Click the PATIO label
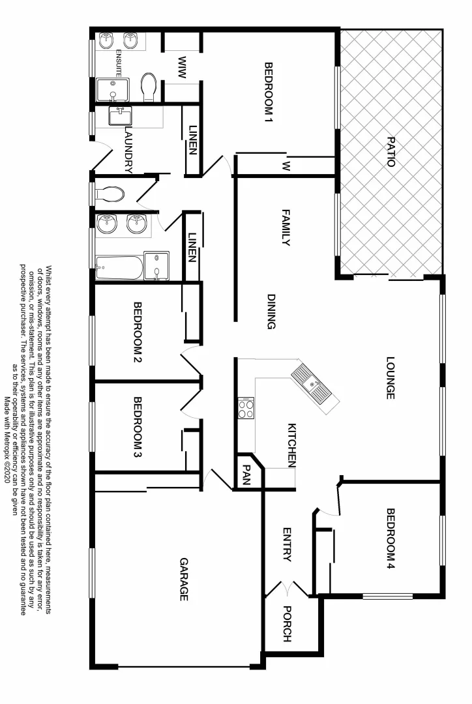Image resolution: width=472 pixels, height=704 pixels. tap(391, 152)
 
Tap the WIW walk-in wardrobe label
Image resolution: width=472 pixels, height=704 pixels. tap(182, 68)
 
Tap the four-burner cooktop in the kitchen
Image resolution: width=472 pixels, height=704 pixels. tap(246, 409)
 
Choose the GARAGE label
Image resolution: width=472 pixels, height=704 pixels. tap(184, 579)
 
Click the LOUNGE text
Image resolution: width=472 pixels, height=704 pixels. tap(391, 377)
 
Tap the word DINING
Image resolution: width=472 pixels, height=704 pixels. tap(272, 312)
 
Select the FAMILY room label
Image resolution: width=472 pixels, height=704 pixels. tap(285, 227)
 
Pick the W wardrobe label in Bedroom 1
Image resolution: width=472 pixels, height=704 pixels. tap(285, 166)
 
